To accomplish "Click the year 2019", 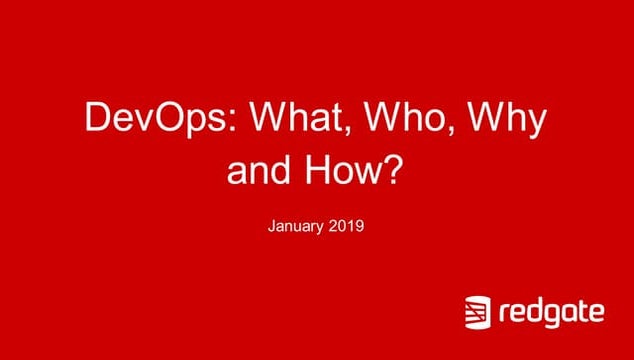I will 345,227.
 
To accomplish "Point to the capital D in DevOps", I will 97,120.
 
